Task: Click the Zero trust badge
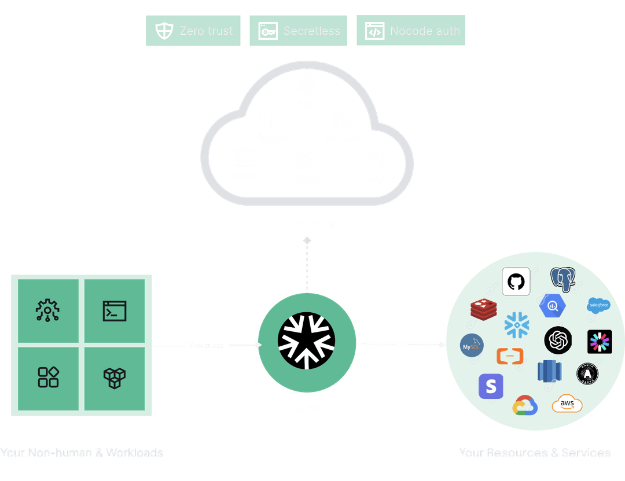193,31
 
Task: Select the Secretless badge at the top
298,31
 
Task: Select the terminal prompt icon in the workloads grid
115,311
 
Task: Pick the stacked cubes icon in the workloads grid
115,378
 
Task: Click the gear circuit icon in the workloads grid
48,311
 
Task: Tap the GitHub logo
516,282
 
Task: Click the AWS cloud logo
567,404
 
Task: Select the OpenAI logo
558,340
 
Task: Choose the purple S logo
491,386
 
